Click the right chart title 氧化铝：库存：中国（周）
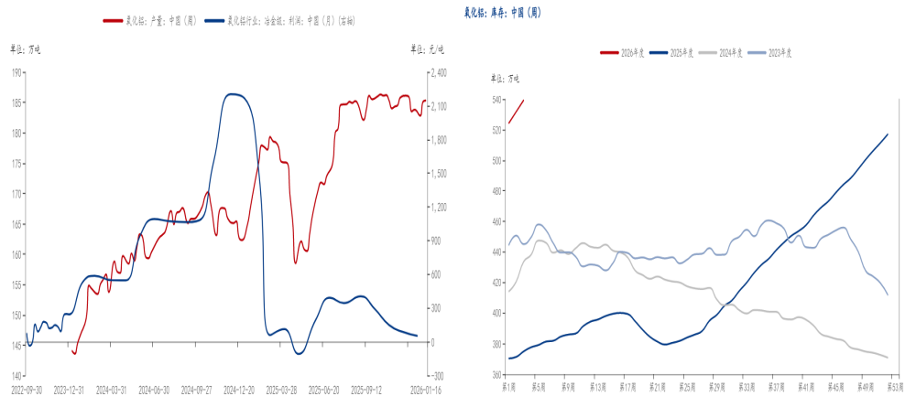[502, 13]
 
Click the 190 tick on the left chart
[18, 72]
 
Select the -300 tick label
[438, 376]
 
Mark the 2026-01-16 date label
[425, 388]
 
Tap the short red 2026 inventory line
[516, 112]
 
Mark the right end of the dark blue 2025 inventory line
[888, 134]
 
